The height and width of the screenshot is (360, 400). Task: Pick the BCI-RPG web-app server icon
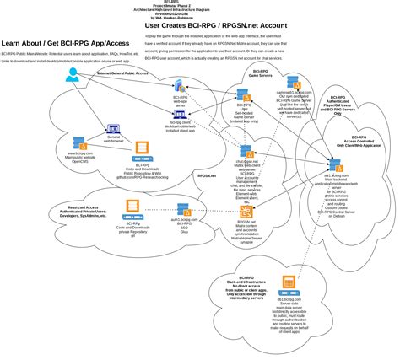pos(181,90)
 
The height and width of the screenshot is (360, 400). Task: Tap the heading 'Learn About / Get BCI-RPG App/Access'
pos(71,43)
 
